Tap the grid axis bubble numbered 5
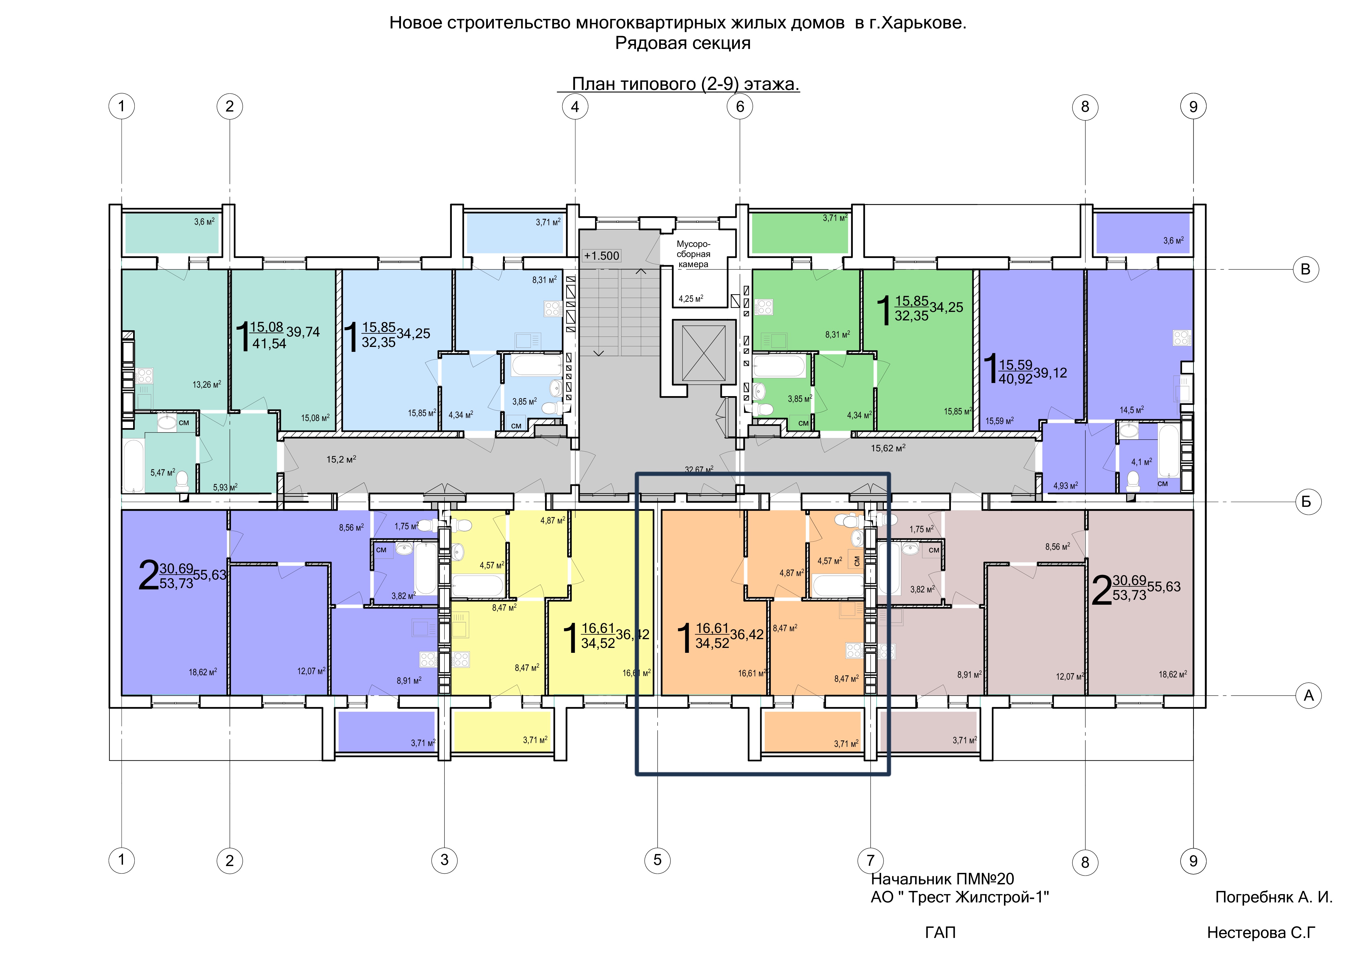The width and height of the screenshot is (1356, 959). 657,860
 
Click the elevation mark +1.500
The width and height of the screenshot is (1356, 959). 601,256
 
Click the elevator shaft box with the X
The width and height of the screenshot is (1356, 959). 703,353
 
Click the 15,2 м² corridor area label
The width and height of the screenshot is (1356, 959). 341,459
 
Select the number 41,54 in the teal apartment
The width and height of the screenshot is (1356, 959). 269,344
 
